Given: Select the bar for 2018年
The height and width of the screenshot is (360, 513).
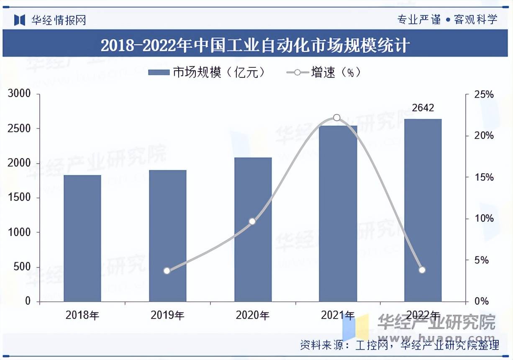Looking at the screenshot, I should [x=82, y=238].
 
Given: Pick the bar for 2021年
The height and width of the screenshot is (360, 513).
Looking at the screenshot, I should [x=338, y=213].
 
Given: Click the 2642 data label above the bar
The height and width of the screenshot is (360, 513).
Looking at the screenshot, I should [x=423, y=108].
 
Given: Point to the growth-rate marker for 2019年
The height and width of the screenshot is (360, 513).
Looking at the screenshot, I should [x=167, y=270].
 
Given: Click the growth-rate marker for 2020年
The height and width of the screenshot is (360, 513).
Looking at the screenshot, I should [x=252, y=221].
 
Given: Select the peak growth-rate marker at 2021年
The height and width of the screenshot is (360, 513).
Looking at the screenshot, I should [x=337, y=118].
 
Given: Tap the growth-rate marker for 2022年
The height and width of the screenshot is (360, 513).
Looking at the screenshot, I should [x=422, y=270].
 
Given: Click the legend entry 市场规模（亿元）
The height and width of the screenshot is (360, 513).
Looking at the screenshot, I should [x=207, y=72].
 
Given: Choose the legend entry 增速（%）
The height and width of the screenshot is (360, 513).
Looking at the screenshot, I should [x=323, y=72].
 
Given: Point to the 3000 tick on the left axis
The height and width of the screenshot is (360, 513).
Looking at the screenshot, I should [x=20, y=94].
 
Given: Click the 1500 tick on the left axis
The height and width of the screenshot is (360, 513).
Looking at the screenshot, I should [x=20, y=198].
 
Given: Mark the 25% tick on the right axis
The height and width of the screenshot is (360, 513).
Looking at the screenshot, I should [x=484, y=95].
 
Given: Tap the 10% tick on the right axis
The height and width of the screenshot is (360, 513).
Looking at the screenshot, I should [x=484, y=219].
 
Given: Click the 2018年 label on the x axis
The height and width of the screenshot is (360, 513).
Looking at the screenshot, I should [x=82, y=315].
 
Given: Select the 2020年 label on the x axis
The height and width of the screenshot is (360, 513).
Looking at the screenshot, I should [x=253, y=315].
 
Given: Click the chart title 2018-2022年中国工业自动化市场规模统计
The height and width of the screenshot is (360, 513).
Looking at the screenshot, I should [x=255, y=45].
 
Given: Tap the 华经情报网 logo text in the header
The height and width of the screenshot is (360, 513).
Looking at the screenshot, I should [x=58, y=20].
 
